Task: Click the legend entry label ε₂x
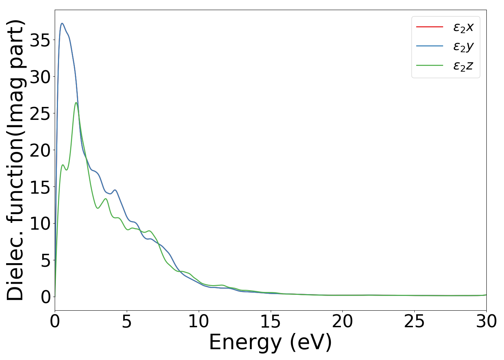[x=463, y=27]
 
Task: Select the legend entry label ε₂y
[x=463, y=47]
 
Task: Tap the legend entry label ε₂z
[x=463, y=66]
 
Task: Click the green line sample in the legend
[x=429, y=66]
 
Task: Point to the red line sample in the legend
[x=429, y=27]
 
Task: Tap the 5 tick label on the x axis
[x=127, y=321]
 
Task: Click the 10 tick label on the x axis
[x=199, y=321]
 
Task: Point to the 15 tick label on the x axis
[x=270, y=321]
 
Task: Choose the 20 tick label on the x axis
[x=342, y=321]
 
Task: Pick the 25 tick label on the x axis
[x=414, y=321]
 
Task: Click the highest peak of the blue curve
[x=62, y=23]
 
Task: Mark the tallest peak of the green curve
[x=76, y=103]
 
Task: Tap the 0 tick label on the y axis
[x=45, y=297]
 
